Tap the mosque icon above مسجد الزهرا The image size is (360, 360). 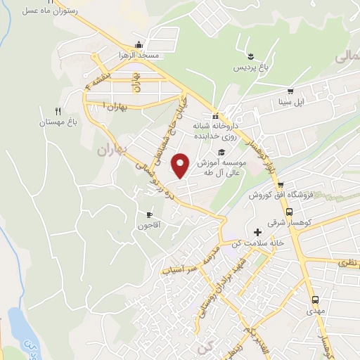coord(140,44)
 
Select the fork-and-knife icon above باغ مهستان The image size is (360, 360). coord(58,111)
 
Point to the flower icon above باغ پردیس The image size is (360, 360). coord(251,56)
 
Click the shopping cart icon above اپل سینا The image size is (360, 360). coord(290,91)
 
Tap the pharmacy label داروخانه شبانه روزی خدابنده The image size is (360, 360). coord(213,130)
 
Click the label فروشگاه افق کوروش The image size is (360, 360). coord(278,194)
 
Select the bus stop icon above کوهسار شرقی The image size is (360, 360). coord(289,212)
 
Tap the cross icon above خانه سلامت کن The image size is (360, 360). coord(258,232)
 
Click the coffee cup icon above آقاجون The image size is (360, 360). coord(149,214)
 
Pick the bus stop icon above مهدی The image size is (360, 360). coord(315,299)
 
